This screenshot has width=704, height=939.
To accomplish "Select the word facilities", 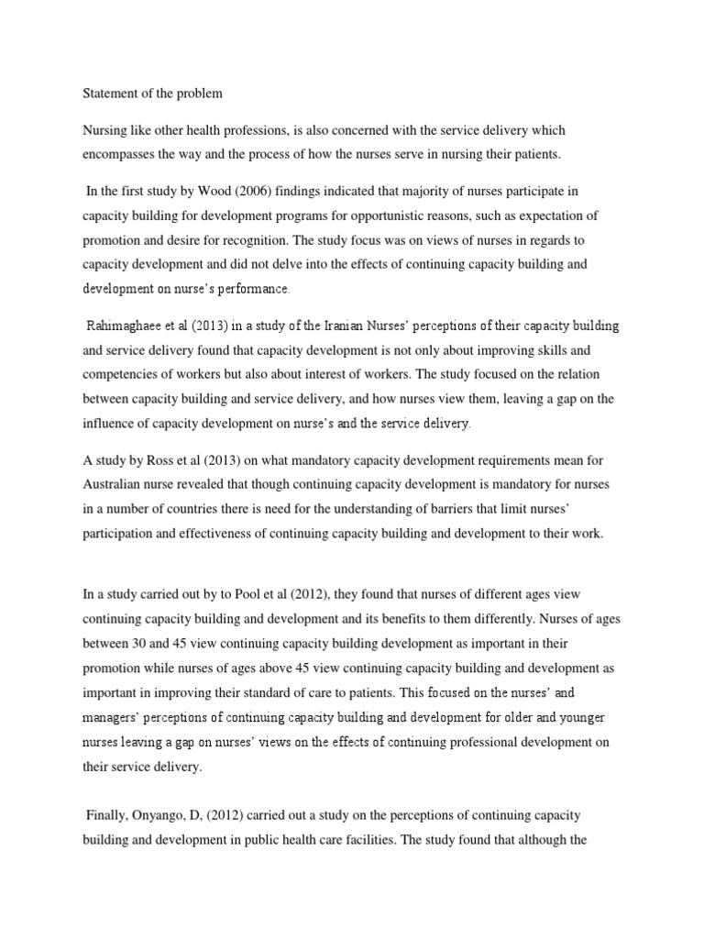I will [349, 838].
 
